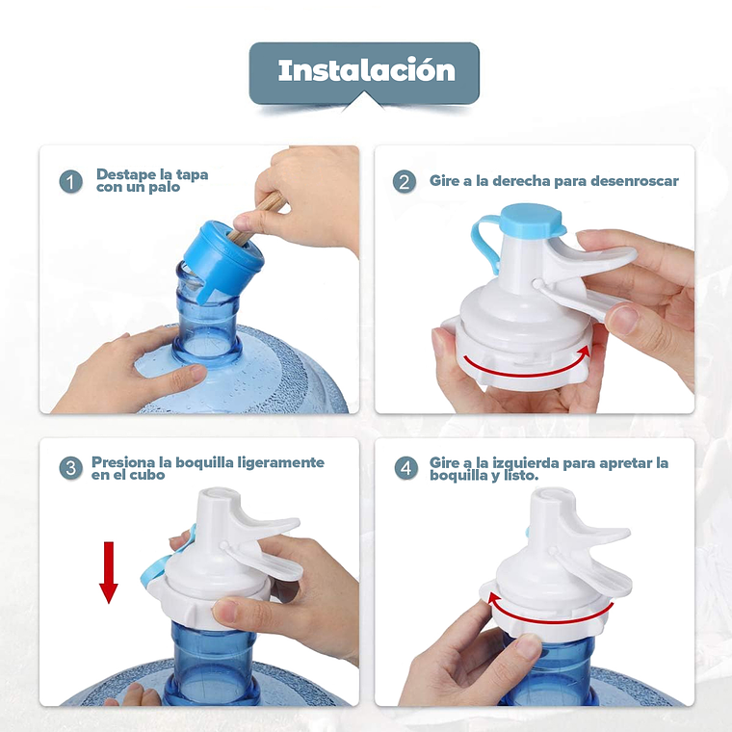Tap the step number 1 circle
[x=71, y=182]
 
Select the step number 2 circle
[x=405, y=182]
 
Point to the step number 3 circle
[x=71, y=469]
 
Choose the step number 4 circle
[x=405, y=469]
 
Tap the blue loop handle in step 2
[x=485, y=246]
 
